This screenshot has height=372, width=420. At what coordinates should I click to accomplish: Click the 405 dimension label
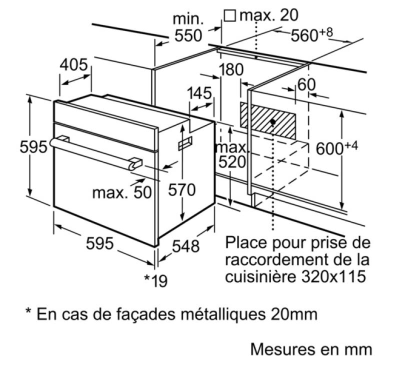pyautogui.click(x=73, y=64)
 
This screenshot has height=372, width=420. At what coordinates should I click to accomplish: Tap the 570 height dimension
pyautogui.click(x=182, y=190)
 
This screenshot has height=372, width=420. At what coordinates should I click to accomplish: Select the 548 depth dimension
pyautogui.click(x=185, y=246)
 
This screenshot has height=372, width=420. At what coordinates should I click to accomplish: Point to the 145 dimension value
pyautogui.click(x=199, y=93)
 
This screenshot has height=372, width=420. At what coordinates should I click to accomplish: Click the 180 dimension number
pyautogui.click(x=231, y=69)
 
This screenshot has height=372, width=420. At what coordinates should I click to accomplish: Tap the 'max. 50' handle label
pyautogui.click(x=122, y=192)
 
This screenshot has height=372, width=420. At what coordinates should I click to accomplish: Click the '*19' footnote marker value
pyautogui.click(x=156, y=280)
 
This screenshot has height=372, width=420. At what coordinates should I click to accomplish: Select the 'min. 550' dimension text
pyautogui.click(x=188, y=27)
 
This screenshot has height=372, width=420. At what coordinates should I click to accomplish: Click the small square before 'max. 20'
pyautogui.click(x=230, y=16)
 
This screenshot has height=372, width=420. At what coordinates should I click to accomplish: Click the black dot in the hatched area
pyautogui.click(x=273, y=122)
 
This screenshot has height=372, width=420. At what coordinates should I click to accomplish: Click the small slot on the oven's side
pyautogui.click(x=185, y=143)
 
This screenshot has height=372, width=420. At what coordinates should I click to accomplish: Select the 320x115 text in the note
pyautogui.click(x=334, y=276)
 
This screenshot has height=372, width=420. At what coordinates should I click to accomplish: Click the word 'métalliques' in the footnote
pyautogui.click(x=223, y=313)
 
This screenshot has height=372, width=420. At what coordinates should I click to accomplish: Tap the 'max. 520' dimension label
pyautogui.click(x=232, y=155)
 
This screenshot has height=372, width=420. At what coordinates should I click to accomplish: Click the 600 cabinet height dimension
pyautogui.click(x=337, y=148)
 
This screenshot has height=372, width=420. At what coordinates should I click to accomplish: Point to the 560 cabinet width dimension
pyautogui.click(x=311, y=34)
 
